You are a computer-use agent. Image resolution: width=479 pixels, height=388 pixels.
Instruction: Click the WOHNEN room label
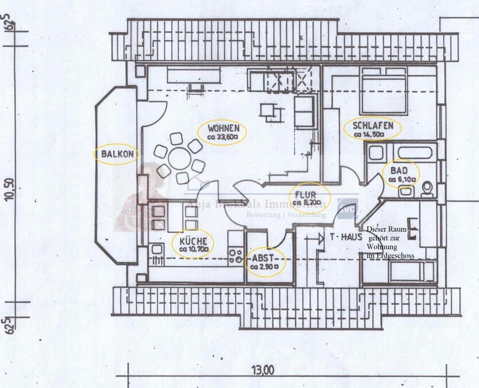221,128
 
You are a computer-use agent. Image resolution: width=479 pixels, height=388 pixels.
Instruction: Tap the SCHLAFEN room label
373,126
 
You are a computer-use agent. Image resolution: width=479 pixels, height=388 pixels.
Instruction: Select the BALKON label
117,154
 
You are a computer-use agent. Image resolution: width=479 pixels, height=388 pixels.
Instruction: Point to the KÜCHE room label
192,241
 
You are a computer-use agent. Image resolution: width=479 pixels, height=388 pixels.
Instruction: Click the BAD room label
399,171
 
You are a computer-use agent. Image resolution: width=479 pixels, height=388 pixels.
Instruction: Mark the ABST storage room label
264,258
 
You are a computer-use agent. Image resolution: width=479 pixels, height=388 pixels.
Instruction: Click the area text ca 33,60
222,137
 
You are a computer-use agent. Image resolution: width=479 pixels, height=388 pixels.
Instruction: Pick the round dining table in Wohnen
179,158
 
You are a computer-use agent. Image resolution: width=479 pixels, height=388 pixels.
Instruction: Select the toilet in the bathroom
427,189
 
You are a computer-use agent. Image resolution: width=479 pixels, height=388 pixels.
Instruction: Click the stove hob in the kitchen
235,256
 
